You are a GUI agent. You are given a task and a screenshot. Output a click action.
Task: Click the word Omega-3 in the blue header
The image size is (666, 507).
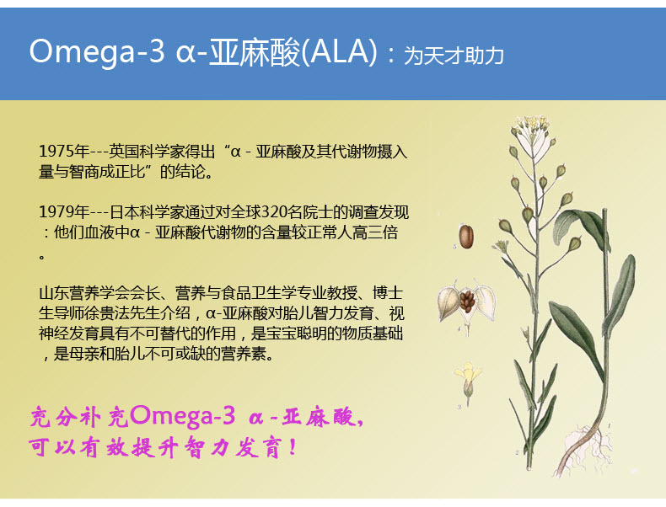point(97,52)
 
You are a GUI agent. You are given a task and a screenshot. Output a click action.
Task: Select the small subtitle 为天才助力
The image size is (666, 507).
point(454,56)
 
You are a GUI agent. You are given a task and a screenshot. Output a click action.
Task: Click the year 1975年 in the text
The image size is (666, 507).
point(64,152)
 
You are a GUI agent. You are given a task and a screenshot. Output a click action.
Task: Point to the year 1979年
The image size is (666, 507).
point(64,211)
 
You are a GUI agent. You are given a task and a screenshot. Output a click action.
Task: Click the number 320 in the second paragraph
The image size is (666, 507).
point(273,211)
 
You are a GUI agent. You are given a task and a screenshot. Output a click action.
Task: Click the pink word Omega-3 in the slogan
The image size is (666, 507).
point(183,416)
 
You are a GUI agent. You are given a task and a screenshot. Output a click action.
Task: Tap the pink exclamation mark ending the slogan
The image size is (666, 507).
point(293,448)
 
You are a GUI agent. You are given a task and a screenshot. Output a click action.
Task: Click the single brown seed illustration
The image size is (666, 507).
point(466,237)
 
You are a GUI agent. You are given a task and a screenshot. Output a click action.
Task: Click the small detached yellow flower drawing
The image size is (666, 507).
point(468,381)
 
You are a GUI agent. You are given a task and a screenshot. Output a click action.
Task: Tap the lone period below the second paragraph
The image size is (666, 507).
point(41,256)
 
